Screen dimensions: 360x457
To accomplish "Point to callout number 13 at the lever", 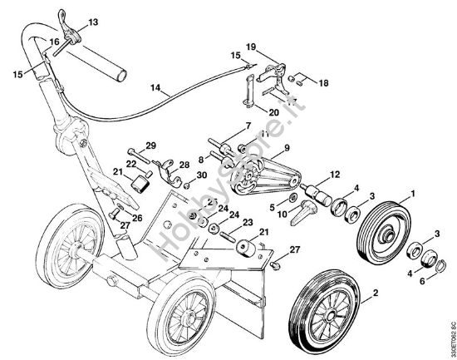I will pyautogui.click(x=92, y=20).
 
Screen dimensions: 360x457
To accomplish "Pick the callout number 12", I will pyautogui.click(x=335, y=175).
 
